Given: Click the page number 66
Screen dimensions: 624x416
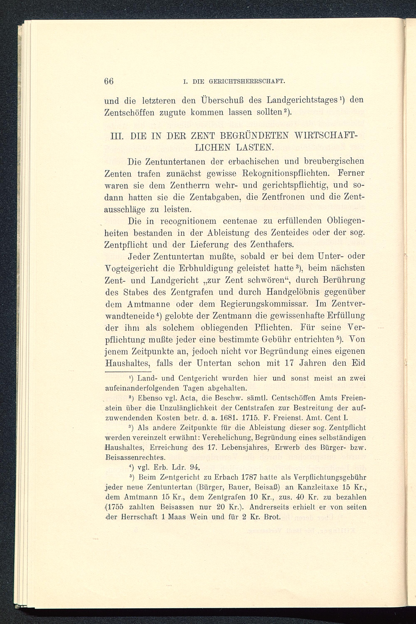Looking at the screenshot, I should pos(109,81).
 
